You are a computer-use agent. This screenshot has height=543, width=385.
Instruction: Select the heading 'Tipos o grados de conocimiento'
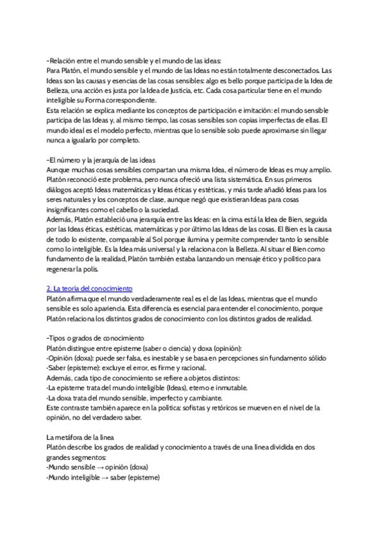(x=97, y=337)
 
